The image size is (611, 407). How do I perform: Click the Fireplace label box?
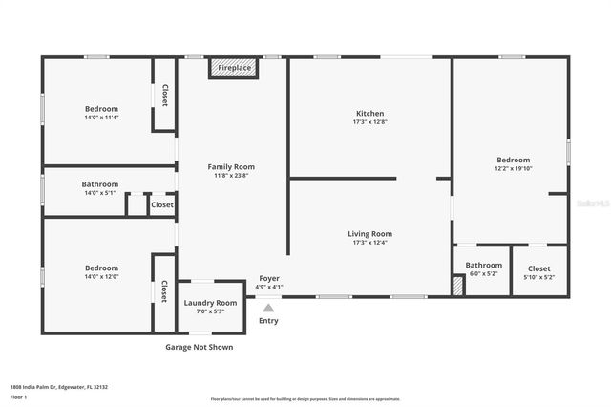tap(234, 69)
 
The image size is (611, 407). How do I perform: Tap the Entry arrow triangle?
tap(268, 308)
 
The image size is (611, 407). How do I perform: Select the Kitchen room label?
tap(369, 114)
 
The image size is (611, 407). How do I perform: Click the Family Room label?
tap(231, 166)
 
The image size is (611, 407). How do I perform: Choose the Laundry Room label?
tap(210, 302)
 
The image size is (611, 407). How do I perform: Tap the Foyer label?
tap(269, 278)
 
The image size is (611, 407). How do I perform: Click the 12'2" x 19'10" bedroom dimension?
tap(513, 168)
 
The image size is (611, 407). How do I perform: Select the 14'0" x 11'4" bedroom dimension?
tap(100, 118)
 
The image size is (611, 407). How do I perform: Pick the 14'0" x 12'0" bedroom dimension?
tap(100, 277)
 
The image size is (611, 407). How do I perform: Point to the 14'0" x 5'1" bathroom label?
tap(99, 192)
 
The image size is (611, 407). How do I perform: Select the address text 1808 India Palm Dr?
tap(58, 387)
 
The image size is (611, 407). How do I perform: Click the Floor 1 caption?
tap(19, 396)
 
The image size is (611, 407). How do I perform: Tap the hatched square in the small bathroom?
tap(458, 285)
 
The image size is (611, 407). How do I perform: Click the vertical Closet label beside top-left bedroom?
tap(164, 95)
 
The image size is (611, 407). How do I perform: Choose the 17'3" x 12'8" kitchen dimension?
tap(369, 122)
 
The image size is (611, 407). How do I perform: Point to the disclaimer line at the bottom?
tap(305, 398)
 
